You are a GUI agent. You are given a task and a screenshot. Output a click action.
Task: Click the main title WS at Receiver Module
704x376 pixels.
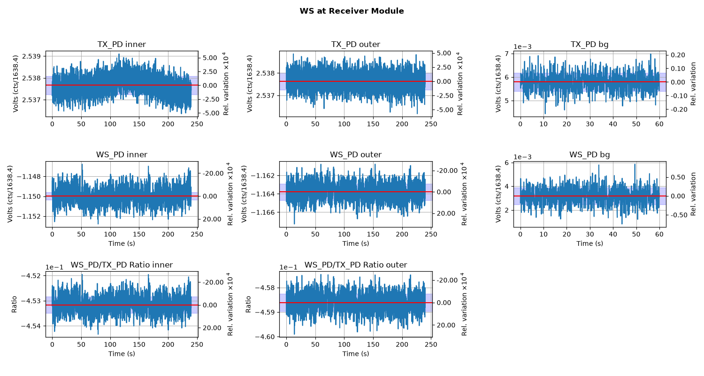click(x=352, y=11)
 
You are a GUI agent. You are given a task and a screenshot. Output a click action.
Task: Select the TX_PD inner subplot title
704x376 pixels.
click(x=122, y=44)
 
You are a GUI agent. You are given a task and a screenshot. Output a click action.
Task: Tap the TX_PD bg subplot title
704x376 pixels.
click(x=589, y=45)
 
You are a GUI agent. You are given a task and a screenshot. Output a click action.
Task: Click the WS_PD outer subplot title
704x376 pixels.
click(x=355, y=155)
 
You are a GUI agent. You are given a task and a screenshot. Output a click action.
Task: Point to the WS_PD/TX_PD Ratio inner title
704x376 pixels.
click(x=122, y=265)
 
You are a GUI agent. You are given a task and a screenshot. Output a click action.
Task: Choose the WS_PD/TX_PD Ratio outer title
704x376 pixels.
click(x=355, y=265)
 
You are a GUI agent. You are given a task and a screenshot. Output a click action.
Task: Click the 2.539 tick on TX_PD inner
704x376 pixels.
click(x=31, y=56)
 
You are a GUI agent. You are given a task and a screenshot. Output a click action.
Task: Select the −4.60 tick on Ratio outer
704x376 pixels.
click(x=264, y=337)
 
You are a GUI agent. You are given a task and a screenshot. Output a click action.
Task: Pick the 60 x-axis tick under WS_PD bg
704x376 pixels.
click(x=659, y=234)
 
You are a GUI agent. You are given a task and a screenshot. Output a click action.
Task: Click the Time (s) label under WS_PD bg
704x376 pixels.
click(x=589, y=243)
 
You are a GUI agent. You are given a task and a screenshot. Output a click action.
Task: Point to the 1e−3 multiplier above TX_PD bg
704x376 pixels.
click(x=523, y=47)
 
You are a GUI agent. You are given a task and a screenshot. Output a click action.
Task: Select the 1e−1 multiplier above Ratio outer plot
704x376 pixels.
click(x=289, y=267)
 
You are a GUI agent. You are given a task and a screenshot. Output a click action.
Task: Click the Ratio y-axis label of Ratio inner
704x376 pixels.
click(x=14, y=304)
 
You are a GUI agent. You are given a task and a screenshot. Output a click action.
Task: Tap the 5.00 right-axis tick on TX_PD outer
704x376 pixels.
click(x=444, y=53)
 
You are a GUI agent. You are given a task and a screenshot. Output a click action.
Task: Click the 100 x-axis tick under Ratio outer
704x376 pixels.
click(x=344, y=345)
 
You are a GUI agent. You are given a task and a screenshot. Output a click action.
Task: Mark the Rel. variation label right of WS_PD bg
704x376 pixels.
click(x=693, y=194)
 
